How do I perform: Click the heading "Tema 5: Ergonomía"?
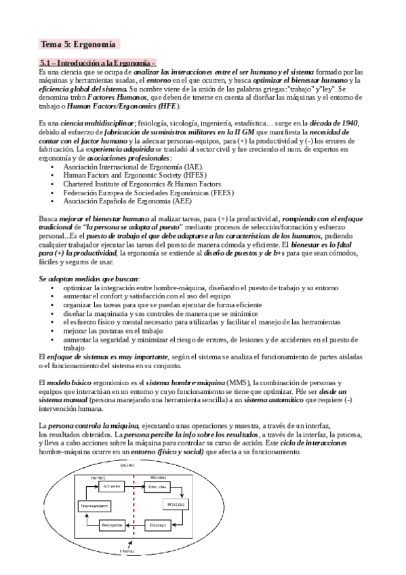click(x=79, y=44)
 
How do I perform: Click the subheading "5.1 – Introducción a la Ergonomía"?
click(x=97, y=63)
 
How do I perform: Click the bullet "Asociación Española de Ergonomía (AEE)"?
click(x=126, y=201)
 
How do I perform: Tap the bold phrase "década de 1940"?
click(x=356, y=122)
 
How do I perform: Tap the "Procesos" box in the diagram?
click(x=178, y=506)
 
